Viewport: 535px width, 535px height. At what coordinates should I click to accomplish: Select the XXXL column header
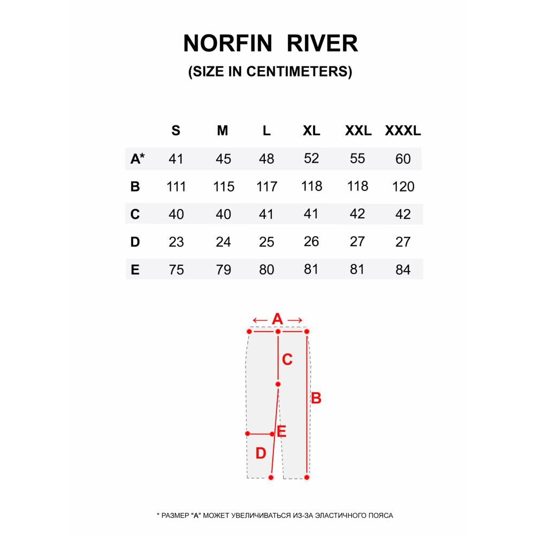point(403,131)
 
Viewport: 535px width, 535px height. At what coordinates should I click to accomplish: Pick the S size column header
point(175,131)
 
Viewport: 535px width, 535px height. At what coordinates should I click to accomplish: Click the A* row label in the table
point(137,159)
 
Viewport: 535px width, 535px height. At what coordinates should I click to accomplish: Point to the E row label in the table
point(135,270)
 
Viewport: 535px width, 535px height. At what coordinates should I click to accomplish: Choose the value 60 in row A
point(403,159)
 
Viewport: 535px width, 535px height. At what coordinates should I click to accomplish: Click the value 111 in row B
point(176,187)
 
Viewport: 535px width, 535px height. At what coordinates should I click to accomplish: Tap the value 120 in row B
point(403,187)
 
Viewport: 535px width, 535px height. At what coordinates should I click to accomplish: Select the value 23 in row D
point(176,242)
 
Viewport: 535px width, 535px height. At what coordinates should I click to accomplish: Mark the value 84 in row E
point(403,270)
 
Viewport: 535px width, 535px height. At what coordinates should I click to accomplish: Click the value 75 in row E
point(176,270)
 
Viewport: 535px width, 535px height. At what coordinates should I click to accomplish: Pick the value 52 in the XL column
point(311,158)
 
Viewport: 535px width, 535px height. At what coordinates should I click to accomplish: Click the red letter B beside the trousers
point(316,399)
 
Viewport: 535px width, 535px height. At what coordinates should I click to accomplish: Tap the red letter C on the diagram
point(287,360)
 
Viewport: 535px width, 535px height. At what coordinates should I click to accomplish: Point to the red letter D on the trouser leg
point(261,454)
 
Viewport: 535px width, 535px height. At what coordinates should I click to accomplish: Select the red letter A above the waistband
point(277,319)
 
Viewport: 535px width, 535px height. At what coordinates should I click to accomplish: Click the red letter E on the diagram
point(281,432)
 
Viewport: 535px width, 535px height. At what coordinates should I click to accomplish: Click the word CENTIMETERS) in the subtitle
point(299,72)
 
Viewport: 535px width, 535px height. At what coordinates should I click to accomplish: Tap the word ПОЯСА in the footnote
point(381,516)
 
